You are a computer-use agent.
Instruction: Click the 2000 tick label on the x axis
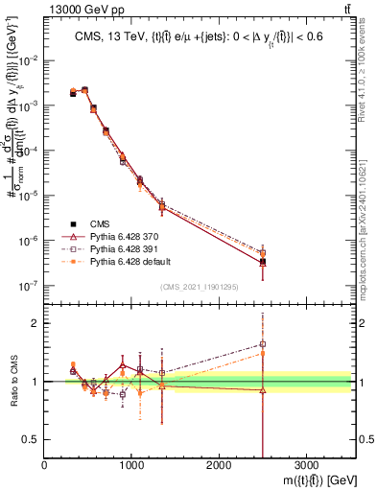(219, 467)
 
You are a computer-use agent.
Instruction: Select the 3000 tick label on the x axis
(306, 467)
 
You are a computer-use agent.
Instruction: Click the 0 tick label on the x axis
(45, 467)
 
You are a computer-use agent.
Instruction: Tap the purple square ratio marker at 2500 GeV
(263, 344)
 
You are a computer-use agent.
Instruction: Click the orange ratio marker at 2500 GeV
(263, 354)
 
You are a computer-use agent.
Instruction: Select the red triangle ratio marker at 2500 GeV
(263, 390)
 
